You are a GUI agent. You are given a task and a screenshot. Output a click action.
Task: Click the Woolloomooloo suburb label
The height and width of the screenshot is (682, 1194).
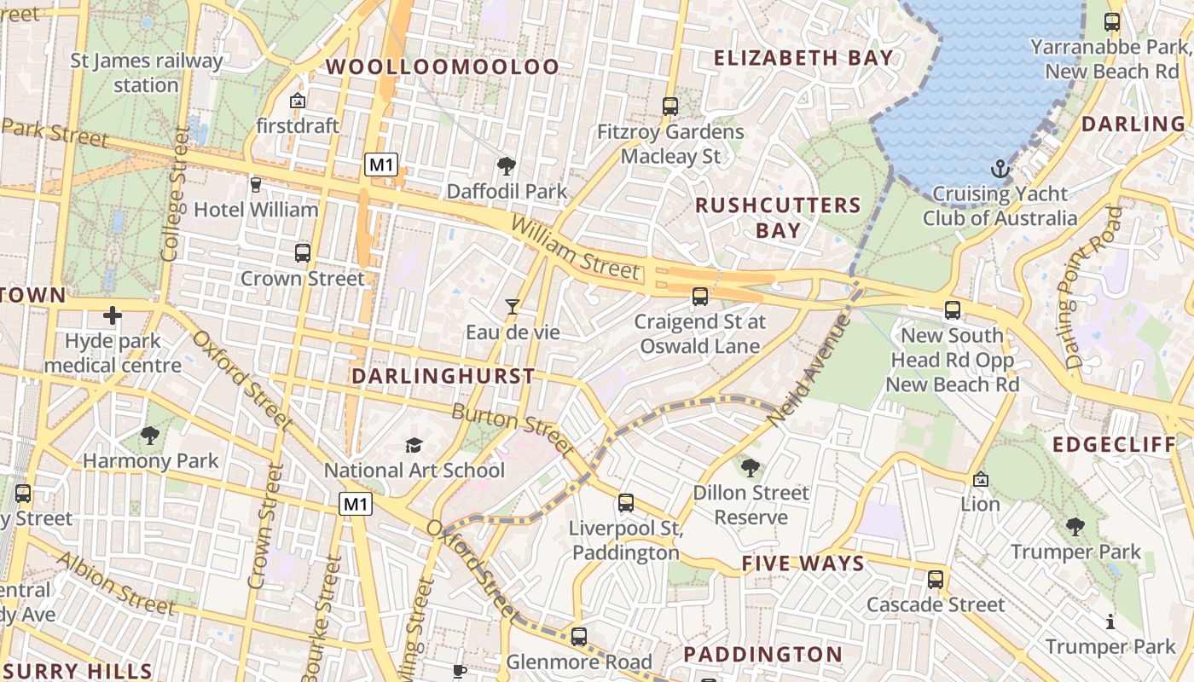tap(443, 66)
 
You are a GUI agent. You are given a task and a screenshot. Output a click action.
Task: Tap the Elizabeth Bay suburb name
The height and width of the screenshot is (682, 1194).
tap(803, 58)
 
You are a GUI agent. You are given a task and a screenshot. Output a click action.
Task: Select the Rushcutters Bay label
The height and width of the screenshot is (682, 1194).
tap(778, 217)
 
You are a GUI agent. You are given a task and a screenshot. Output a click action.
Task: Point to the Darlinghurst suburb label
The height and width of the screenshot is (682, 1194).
tap(443, 376)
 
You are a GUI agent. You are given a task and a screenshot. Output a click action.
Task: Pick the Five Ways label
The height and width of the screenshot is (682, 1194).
tap(803, 564)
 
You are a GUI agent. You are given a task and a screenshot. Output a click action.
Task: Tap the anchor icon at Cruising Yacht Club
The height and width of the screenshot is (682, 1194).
tap(1000, 169)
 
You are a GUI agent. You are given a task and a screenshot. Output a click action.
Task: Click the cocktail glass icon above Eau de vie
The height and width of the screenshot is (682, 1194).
tap(512, 306)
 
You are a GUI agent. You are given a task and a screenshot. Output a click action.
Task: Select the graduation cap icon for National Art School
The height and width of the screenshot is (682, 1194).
tap(414, 445)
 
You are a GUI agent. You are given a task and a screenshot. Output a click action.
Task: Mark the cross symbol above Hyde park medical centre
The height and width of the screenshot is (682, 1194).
tap(112, 316)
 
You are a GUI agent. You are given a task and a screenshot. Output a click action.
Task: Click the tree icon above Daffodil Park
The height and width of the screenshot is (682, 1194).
tap(507, 165)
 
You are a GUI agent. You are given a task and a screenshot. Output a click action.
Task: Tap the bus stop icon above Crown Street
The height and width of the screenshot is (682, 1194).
tap(302, 253)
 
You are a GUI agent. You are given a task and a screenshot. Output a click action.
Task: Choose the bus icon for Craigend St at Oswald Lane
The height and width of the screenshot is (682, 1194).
tap(699, 297)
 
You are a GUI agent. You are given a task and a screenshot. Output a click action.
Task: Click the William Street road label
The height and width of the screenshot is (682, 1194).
tap(575, 247)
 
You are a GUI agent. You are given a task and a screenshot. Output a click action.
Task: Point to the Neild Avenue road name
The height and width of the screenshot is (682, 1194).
tap(809, 371)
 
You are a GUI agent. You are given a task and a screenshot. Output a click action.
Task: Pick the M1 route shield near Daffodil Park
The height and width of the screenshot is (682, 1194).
tap(381, 165)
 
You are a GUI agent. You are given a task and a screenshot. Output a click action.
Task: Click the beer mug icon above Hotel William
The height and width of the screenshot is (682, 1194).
tap(255, 184)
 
